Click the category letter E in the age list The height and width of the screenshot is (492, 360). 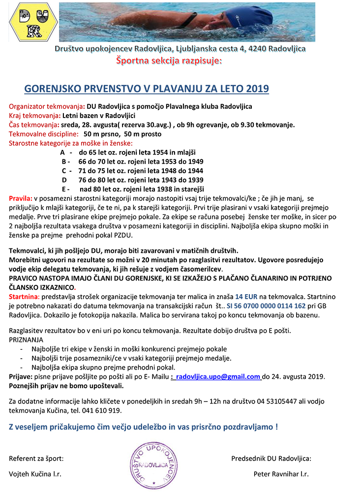64,189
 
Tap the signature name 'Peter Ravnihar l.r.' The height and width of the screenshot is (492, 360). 281,474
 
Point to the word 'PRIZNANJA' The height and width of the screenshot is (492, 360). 26,339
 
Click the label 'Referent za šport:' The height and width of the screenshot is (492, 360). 36,459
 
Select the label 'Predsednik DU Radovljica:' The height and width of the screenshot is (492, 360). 271,459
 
